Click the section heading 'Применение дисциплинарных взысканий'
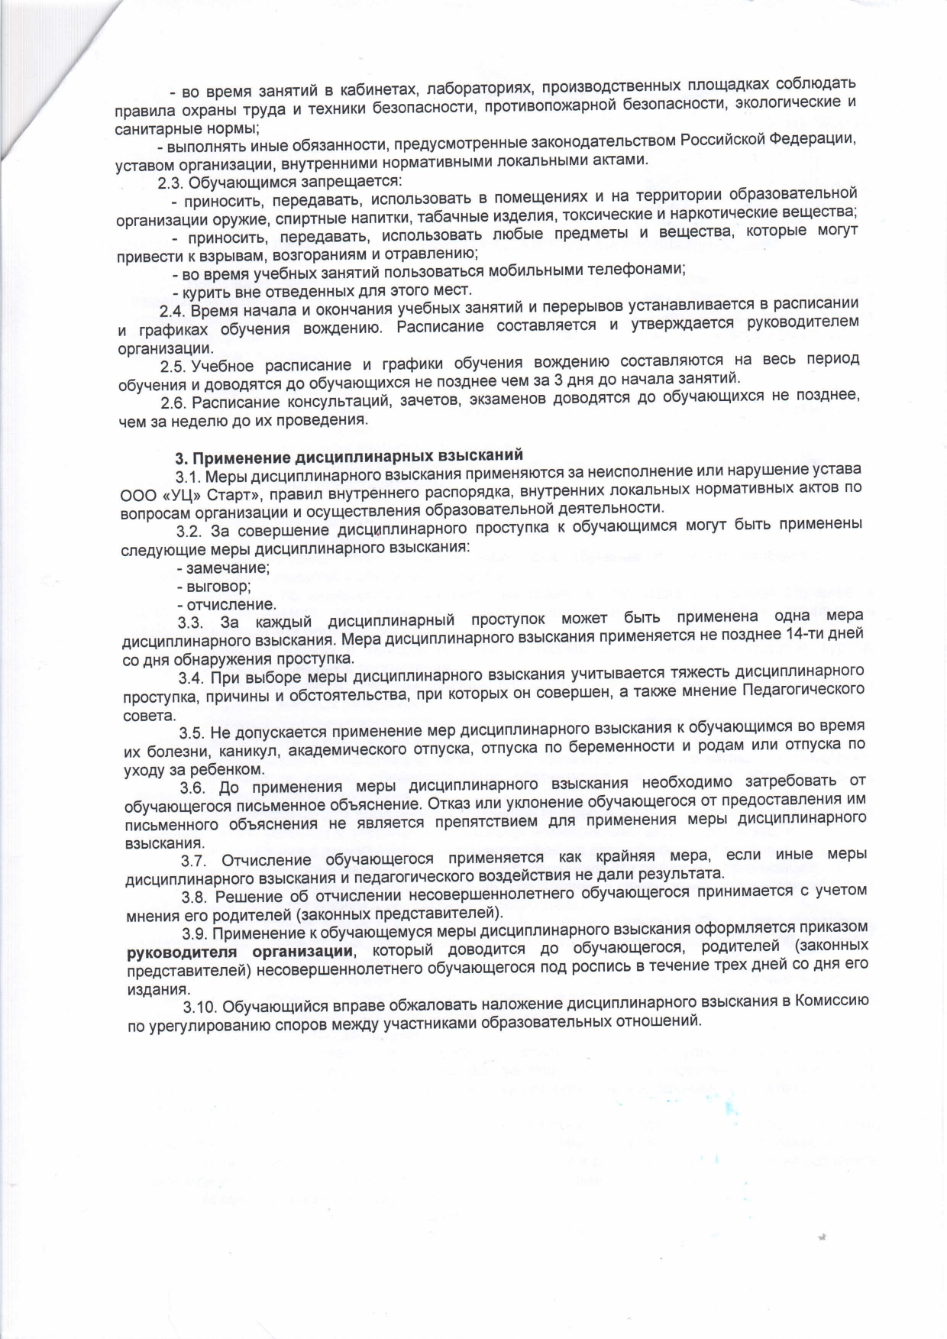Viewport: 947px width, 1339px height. point(349,458)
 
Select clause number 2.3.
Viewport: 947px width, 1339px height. point(171,183)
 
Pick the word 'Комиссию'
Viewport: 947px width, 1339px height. point(830,1001)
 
